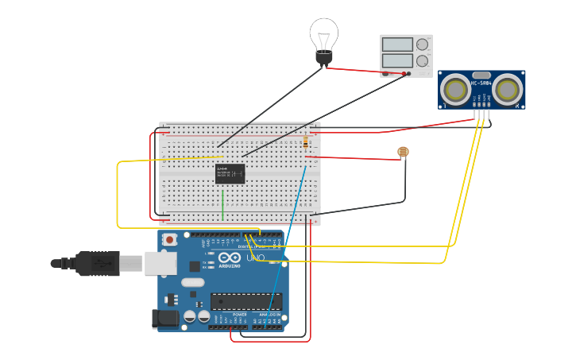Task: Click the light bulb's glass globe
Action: click(323, 33)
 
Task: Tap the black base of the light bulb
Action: click(323, 57)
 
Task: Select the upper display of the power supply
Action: click(397, 45)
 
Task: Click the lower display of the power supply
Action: click(397, 60)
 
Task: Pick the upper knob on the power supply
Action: click(422, 45)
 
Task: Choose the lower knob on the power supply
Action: click(422, 61)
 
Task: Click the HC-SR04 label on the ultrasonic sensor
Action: click(481, 82)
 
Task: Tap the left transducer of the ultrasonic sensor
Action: click(456, 88)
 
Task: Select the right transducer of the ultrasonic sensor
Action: click(506, 88)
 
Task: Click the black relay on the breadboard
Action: click(230, 174)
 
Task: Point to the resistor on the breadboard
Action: click(306, 143)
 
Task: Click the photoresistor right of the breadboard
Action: click(403, 152)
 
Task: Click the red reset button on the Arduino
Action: click(169, 239)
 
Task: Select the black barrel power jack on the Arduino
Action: click(164, 319)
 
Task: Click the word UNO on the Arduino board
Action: click(255, 258)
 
